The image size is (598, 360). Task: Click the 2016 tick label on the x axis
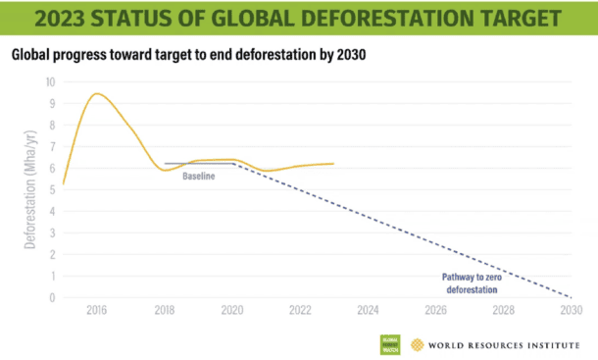click(x=96, y=311)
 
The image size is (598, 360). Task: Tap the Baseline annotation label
click(x=198, y=176)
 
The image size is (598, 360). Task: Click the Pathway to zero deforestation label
click(x=469, y=283)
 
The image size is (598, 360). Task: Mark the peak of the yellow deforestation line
click(x=96, y=93)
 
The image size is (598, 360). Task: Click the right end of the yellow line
click(x=334, y=164)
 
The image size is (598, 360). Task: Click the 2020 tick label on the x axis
click(x=232, y=311)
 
